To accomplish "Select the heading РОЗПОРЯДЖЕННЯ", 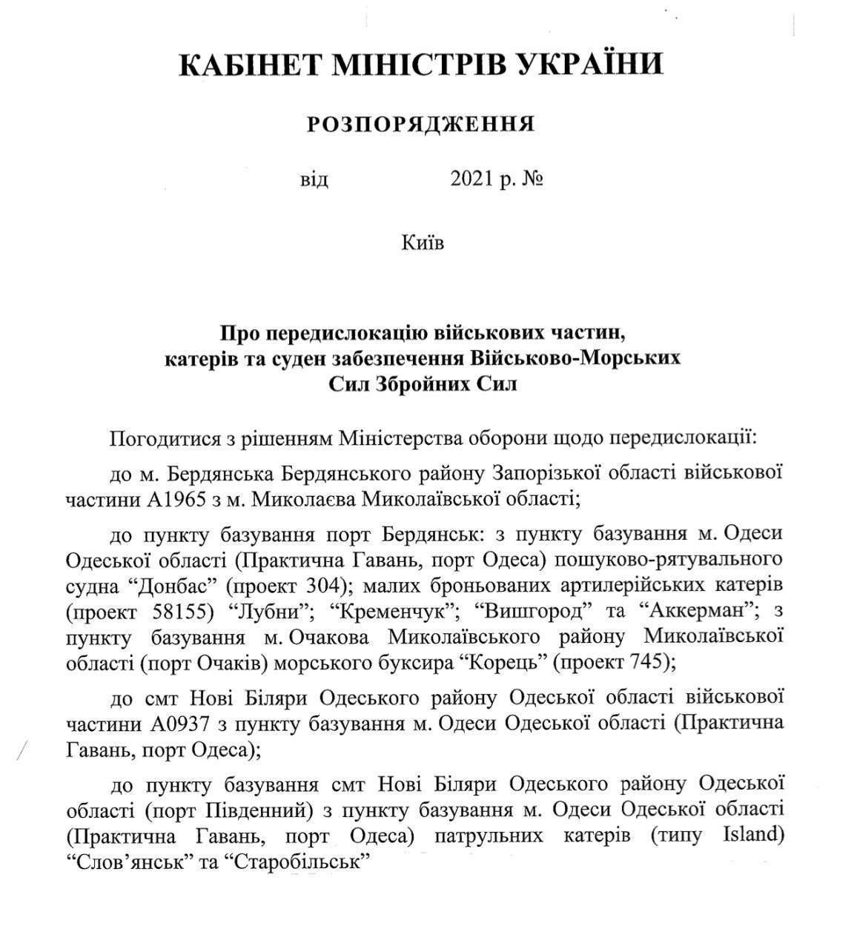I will tap(422, 125).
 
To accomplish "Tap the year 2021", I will tap(474, 180).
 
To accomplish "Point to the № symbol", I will tap(532, 180).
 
